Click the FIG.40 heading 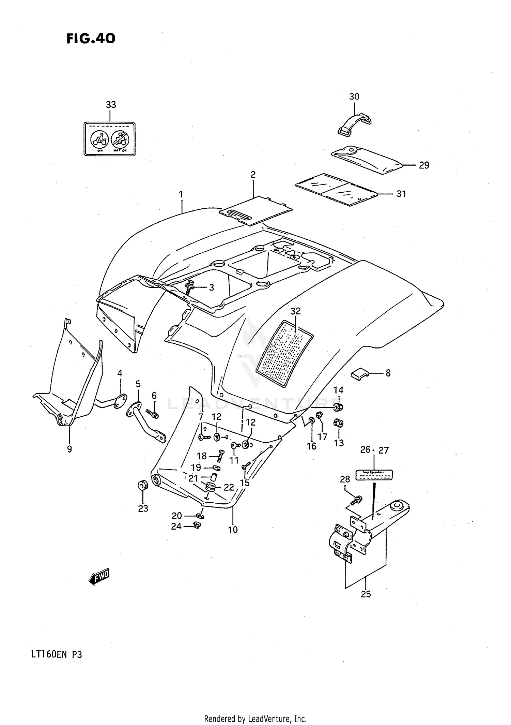pyautogui.click(x=91, y=39)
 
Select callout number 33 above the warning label pyautogui.click(x=111, y=105)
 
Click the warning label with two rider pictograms pyautogui.click(x=110, y=139)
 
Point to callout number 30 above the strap pyautogui.click(x=354, y=97)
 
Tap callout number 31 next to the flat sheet pyautogui.click(x=401, y=194)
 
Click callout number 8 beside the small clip pyautogui.click(x=388, y=373)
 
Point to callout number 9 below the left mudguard pyautogui.click(x=69, y=449)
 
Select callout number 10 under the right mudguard pyautogui.click(x=233, y=530)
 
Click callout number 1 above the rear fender pyautogui.click(x=181, y=195)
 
